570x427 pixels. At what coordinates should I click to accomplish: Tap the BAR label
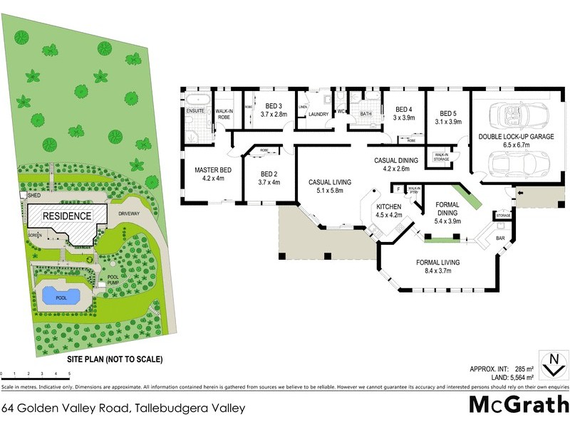500,238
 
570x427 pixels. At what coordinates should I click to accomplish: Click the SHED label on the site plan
34,194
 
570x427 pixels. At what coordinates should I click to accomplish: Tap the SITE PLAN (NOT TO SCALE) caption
115,359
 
